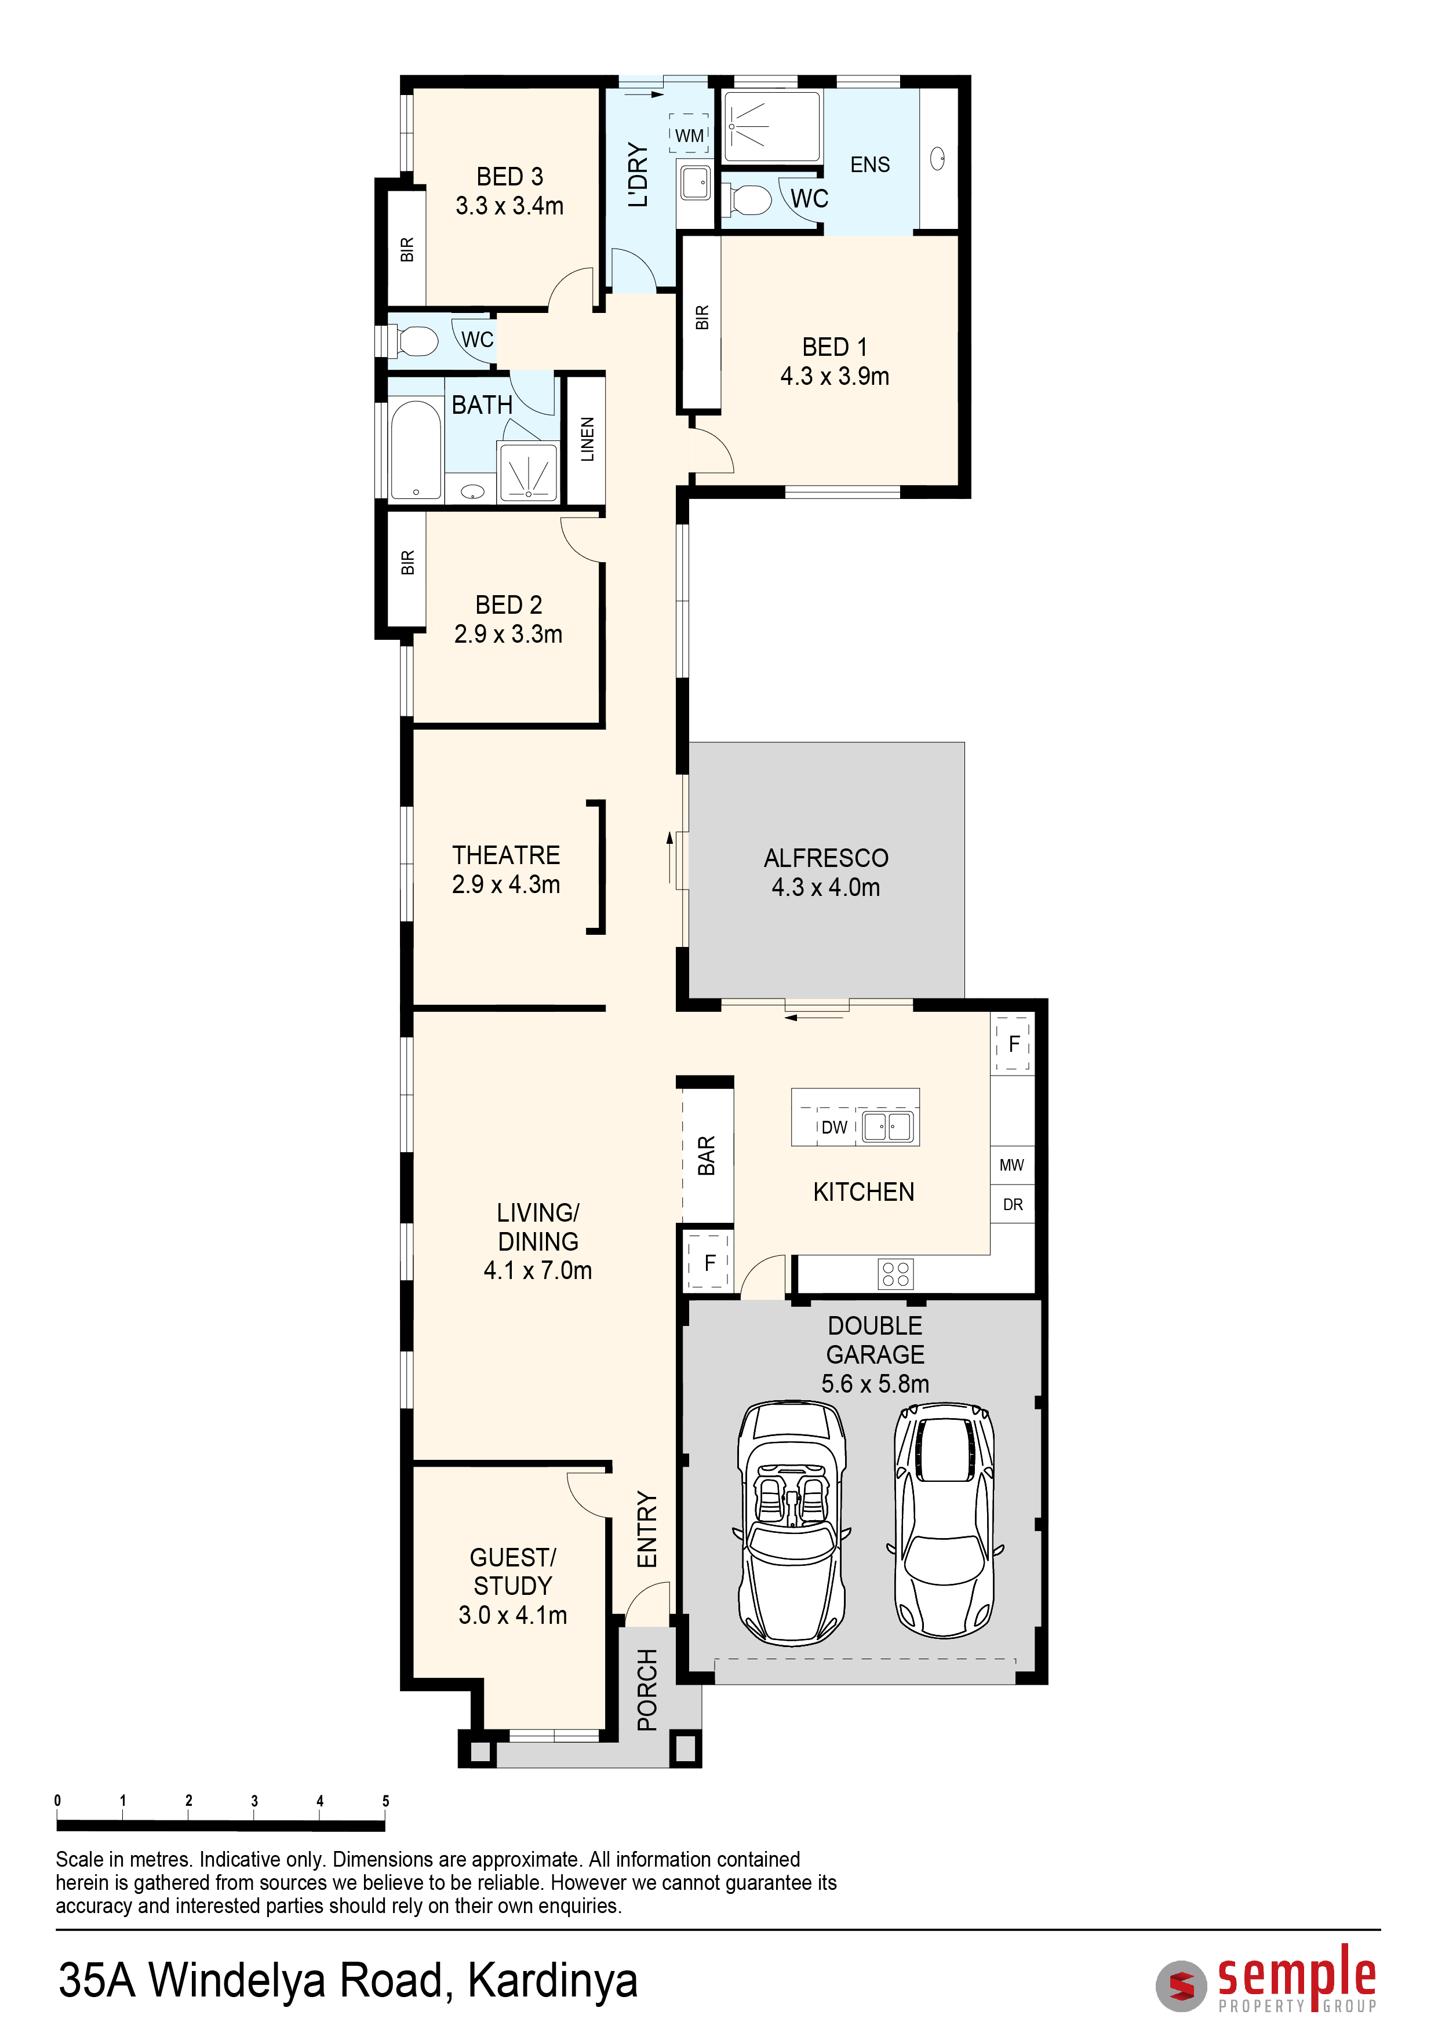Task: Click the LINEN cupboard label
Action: coord(587,439)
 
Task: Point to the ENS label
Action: coord(869,165)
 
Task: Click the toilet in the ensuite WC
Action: coord(747,199)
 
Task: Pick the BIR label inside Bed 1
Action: coord(702,317)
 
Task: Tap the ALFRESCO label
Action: coord(826,858)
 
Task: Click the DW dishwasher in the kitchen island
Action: coord(834,1127)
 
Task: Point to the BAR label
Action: coord(706,1156)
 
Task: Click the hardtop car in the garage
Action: coord(945,1520)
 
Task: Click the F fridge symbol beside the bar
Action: coord(709,1263)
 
